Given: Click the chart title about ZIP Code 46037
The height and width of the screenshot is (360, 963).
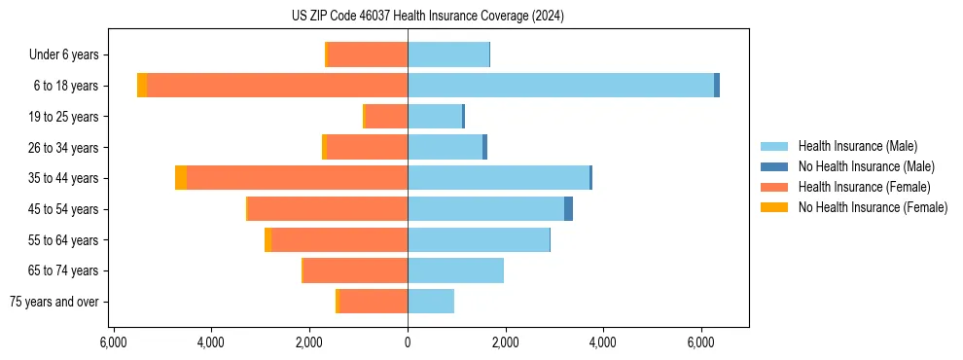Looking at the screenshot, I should [x=427, y=17].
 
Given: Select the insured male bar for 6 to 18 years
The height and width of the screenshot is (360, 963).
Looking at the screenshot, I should [x=560, y=86].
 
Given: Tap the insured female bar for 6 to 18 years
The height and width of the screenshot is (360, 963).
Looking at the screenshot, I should [x=277, y=86].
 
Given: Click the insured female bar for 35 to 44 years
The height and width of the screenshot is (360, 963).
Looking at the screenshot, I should [x=297, y=178].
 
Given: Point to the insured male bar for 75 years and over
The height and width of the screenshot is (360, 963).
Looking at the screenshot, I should [x=431, y=302].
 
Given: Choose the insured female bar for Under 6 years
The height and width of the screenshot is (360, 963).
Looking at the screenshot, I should [x=368, y=54].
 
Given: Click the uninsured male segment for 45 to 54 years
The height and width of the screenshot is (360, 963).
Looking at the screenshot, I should [x=568, y=209].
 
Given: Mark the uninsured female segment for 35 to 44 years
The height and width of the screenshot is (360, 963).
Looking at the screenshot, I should [x=181, y=178].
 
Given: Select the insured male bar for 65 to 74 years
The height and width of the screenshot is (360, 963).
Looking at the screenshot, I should [x=455, y=270].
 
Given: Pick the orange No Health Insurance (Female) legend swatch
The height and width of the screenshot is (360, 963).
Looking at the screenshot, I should [x=775, y=207].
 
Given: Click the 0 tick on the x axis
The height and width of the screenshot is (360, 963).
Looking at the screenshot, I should [x=408, y=342].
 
